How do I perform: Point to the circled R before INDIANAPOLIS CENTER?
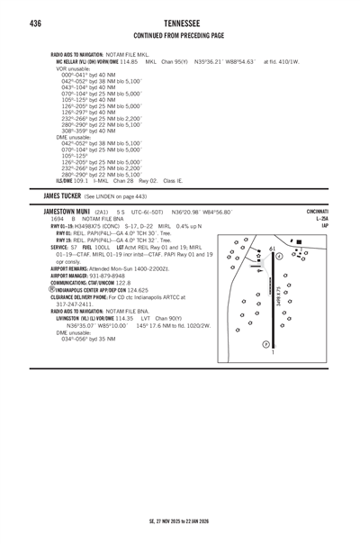pyautogui.click(x=52, y=290)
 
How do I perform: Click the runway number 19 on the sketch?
pyautogui.click(x=272, y=249)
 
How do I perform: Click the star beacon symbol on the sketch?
pyautogui.click(x=260, y=256)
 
